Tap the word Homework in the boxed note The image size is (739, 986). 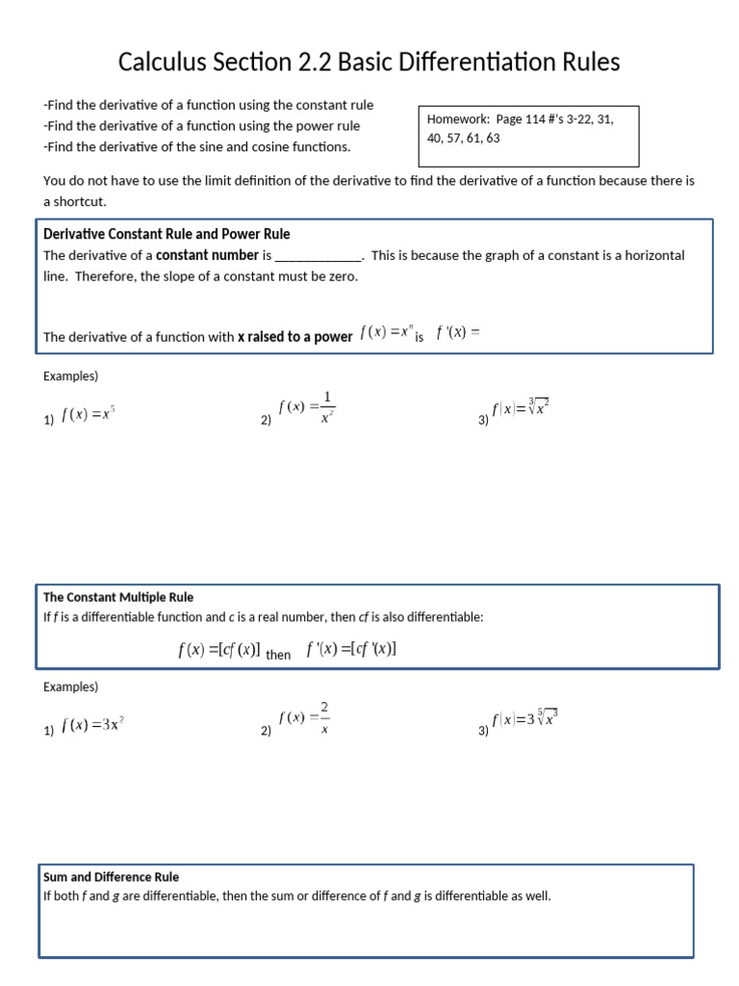(x=458, y=119)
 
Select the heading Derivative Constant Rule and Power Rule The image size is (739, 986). (x=166, y=234)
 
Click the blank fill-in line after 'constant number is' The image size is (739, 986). (x=319, y=256)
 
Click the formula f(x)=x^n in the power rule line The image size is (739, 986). (x=385, y=332)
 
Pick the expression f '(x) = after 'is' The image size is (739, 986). (x=457, y=332)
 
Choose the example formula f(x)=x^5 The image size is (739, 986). (x=89, y=415)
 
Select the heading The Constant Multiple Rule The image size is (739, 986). (x=118, y=597)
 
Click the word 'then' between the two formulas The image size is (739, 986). (x=278, y=655)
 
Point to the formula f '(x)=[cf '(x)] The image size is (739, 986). (x=351, y=650)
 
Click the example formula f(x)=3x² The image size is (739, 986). (x=92, y=726)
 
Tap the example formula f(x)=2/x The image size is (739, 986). (x=305, y=717)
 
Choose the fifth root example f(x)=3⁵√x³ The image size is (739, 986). (x=525, y=718)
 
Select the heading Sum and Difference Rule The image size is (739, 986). (x=112, y=877)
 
